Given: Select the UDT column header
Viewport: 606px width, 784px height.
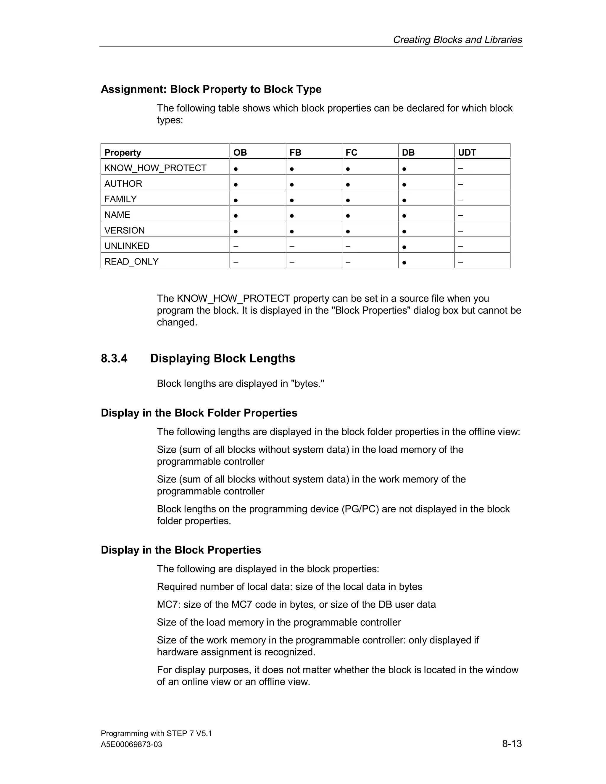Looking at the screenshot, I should [x=467, y=153].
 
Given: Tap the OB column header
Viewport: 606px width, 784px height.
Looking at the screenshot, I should [x=240, y=153].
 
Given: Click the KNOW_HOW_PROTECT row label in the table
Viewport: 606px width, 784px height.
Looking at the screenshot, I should [x=155, y=168].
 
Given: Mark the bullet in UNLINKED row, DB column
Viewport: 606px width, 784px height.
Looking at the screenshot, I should [x=404, y=247].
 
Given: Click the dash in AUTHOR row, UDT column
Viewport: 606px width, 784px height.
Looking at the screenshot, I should [x=460, y=184].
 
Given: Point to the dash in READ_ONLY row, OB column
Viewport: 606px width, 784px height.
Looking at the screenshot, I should [x=236, y=262].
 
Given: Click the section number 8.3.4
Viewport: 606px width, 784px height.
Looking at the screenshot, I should [x=114, y=358].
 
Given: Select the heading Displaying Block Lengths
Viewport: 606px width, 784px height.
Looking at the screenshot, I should [x=222, y=358].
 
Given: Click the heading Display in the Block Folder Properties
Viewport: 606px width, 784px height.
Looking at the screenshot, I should [x=199, y=413].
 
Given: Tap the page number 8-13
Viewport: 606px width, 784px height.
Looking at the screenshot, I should [x=512, y=743].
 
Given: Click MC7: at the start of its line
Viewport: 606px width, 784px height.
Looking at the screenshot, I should [x=169, y=604].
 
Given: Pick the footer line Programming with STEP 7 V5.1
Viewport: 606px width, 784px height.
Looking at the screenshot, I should [x=156, y=733].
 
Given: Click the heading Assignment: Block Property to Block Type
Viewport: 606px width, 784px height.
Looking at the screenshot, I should [x=211, y=89].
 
